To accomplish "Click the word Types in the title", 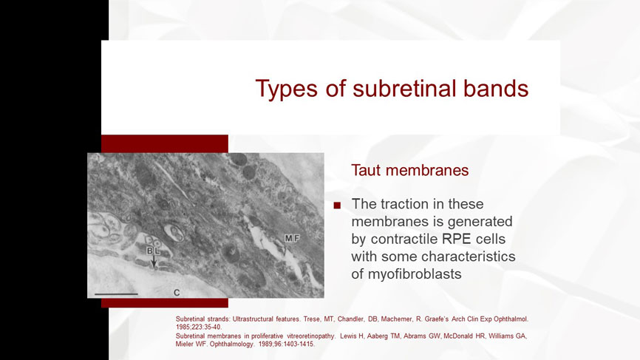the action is pos(287,89).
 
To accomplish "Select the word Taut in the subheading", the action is pos(366,170).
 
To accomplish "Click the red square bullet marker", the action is pos(337,206).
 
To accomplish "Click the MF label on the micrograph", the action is pos(292,238).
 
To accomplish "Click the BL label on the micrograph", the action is pos(154,251).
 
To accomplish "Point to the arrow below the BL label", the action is pos(154,262).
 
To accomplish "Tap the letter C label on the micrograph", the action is pos(177,293).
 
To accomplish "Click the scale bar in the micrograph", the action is pos(116,294).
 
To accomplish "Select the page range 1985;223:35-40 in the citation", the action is pos(199,327).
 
